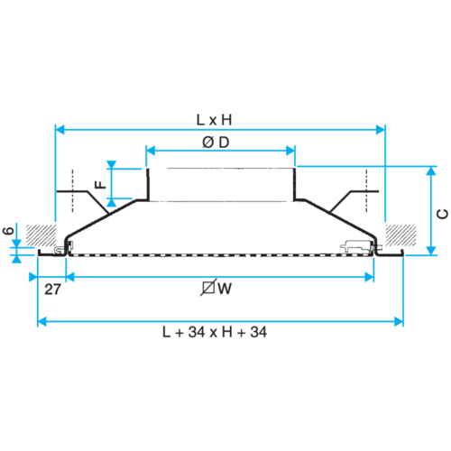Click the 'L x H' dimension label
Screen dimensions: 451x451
tap(214, 120)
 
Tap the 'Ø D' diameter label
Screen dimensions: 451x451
tap(216, 143)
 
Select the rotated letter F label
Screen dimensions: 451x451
tap(100, 184)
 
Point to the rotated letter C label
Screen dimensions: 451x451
tap(442, 214)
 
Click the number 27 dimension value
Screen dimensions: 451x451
tap(52, 290)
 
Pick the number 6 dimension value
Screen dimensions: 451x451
tap(8, 231)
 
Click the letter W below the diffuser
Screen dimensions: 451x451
tap(225, 289)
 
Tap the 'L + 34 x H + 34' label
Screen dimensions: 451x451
tap(215, 332)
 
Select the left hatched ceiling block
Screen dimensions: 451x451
tap(41, 235)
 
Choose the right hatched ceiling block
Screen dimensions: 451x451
tap(400, 235)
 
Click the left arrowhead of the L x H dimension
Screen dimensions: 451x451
tap(60, 130)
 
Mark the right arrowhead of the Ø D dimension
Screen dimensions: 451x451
tap(290, 151)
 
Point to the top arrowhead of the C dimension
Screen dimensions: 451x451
tap(431, 170)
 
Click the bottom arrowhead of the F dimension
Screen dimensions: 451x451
tap(112, 202)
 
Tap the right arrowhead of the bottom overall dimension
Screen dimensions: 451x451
tap(399, 321)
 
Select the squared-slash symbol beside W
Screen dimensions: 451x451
tap(208, 288)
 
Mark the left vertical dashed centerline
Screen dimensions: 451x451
tap(72, 190)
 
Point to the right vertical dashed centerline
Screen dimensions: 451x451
tap(366, 190)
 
